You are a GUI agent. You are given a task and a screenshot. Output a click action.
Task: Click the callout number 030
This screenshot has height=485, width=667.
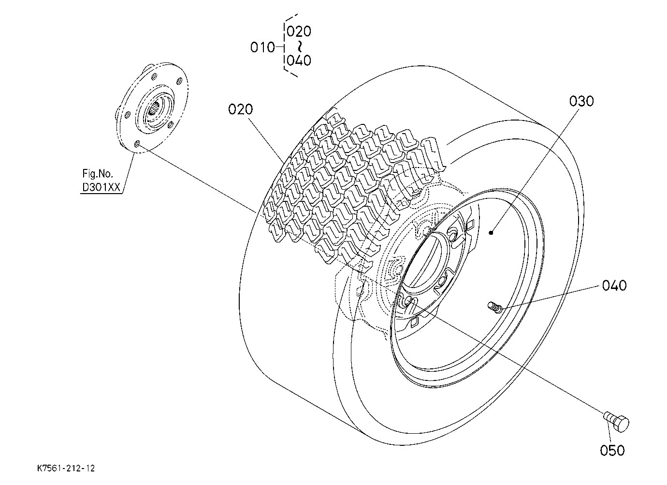[581, 102]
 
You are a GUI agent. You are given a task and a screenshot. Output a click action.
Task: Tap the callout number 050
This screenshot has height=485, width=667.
[612, 451]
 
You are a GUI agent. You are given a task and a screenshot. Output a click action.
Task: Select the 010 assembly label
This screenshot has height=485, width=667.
[262, 47]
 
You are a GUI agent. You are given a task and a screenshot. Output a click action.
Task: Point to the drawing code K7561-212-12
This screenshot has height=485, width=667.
[66, 468]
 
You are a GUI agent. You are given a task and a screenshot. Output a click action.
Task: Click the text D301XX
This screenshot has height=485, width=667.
[101, 187]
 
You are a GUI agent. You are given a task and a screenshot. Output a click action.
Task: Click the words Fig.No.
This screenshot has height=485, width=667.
[98, 173]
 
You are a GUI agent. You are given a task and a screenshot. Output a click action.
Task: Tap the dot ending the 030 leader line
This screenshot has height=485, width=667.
[491, 232]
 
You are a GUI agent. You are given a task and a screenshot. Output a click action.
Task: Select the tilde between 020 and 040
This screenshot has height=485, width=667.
[299, 46]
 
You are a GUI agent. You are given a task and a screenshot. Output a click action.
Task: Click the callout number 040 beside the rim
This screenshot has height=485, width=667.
[614, 286]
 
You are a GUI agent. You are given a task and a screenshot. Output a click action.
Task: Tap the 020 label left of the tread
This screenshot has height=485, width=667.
[240, 109]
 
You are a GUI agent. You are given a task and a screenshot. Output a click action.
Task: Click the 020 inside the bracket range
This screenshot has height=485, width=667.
[299, 31]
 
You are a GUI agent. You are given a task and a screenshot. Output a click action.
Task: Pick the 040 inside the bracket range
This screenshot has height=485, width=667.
[299, 61]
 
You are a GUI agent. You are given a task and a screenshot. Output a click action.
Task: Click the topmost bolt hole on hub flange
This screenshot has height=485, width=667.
[154, 77]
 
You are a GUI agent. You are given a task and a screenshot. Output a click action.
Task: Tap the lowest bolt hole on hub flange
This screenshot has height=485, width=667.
[137, 144]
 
